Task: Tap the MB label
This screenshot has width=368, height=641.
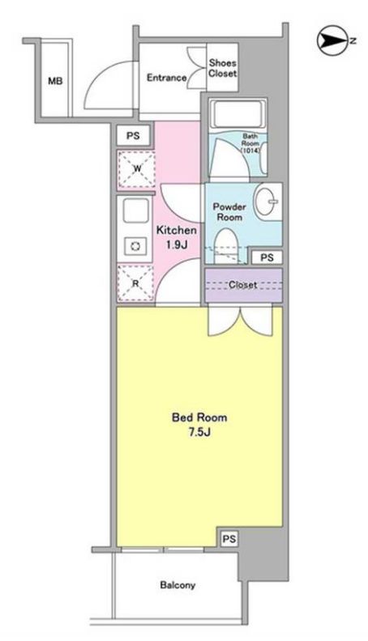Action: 54,80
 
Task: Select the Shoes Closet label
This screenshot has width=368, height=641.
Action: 222,68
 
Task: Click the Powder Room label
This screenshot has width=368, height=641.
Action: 229,211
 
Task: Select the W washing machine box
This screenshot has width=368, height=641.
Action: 136,168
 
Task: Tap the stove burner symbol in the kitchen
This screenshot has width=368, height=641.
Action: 135,246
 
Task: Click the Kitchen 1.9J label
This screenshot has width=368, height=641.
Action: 176,236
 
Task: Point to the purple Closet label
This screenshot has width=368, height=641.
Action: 243,285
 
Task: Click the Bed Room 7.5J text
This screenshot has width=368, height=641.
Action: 199,426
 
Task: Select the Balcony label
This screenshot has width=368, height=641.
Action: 177,584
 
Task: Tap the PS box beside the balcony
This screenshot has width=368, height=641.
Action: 229,538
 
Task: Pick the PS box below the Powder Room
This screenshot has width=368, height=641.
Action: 267,258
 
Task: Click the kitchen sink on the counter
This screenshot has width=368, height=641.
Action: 134,213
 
